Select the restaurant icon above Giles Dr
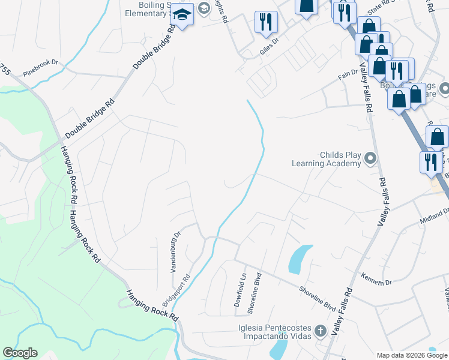click(265, 22)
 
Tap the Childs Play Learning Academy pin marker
click(370, 159)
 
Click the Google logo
click(20, 353)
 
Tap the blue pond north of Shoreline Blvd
click(300, 259)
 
